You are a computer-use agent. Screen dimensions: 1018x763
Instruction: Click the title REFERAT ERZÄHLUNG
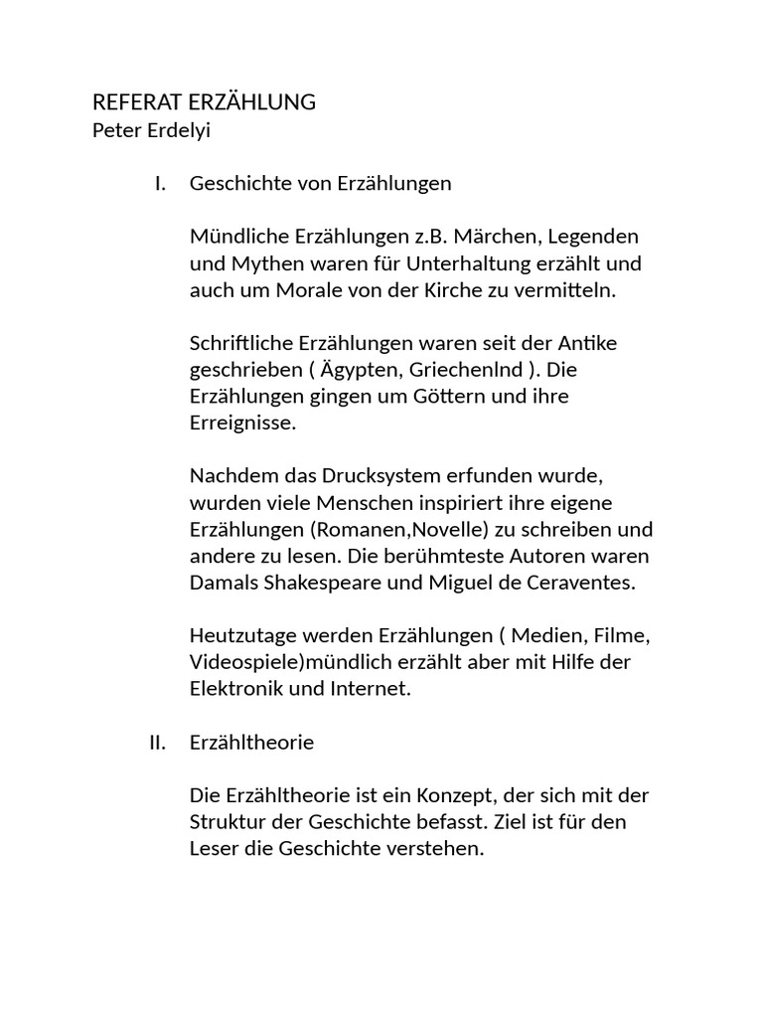tap(204, 102)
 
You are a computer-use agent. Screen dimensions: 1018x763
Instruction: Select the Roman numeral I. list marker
tap(160, 184)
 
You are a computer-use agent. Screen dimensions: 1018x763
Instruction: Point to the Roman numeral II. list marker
tap(157, 744)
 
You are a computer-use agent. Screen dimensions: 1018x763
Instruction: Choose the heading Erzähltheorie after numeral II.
tap(251, 744)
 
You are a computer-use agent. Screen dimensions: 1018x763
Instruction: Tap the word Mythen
tap(260, 264)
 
